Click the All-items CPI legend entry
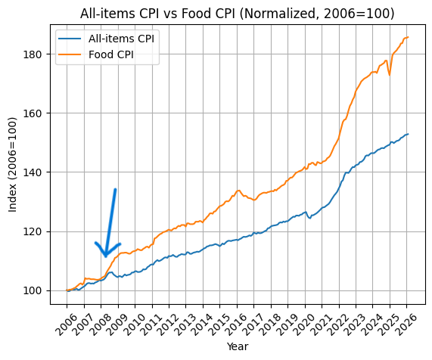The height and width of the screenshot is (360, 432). click(122, 39)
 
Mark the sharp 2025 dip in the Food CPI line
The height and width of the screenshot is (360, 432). click(390, 75)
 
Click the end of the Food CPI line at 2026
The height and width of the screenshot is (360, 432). click(408, 37)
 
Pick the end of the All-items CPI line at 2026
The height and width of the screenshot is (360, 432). click(408, 134)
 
